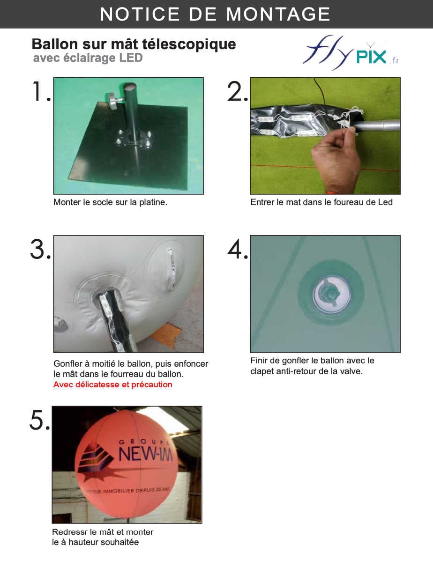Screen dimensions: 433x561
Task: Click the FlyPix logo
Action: tap(351, 53)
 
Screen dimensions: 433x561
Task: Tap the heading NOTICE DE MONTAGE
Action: tap(215, 15)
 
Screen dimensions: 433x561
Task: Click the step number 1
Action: tap(40, 91)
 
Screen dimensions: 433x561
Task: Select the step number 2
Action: tap(238, 92)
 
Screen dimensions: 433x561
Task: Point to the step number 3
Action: tap(40, 250)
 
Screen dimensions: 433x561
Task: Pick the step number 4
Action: tap(238, 250)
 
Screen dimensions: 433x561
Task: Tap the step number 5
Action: tap(40, 420)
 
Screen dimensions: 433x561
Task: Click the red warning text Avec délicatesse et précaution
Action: tap(113, 384)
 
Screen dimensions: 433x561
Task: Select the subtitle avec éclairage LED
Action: tap(88, 58)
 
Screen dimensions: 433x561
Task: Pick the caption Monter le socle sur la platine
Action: tap(110, 202)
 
